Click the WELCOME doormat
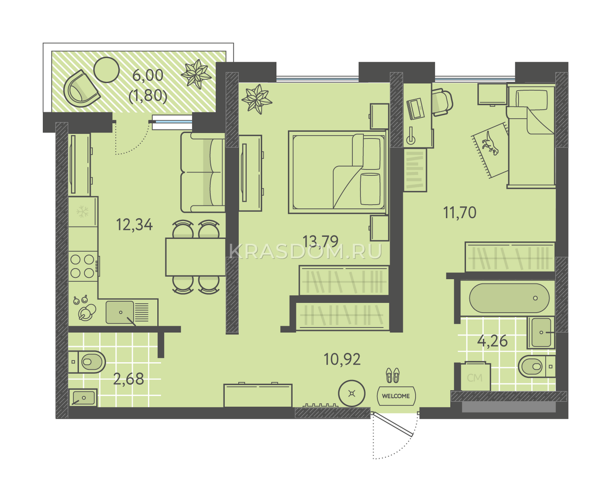pos(396,396)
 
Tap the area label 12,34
pos(134,225)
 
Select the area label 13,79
pos(320,241)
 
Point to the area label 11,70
pos(460,212)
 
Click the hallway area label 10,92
pos(342,359)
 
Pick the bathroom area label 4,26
pos(493,341)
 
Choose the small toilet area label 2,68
pos(128,379)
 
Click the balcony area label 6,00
pos(148,75)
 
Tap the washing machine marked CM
pos(475,376)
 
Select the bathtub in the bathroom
pos(509,298)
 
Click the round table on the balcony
pos(107,70)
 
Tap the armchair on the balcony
pos(81,88)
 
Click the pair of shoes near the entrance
pos(393,375)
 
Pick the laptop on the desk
pos(415,109)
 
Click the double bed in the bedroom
pos(338,172)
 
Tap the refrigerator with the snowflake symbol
pos(83,211)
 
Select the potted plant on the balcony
pos(196,74)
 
